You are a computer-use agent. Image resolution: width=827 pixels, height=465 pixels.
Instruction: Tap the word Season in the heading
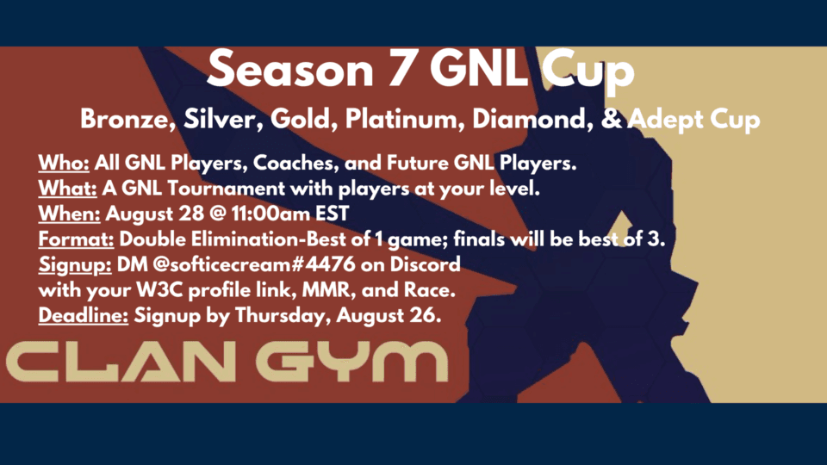pos(290,70)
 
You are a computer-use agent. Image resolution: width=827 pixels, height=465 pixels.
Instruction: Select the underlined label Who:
pos(64,163)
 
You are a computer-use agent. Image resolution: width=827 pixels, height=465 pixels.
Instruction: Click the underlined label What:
pos(67,189)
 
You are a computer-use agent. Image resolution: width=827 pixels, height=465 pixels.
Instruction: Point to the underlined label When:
pos(69,214)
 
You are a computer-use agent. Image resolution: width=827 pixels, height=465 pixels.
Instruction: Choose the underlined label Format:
pos(76,239)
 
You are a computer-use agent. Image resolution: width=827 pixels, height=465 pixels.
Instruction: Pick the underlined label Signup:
pos(75,264)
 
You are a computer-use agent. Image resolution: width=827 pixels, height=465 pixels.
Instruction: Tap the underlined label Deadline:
pos(84,315)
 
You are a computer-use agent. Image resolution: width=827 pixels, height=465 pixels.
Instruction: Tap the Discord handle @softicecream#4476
pos(253,264)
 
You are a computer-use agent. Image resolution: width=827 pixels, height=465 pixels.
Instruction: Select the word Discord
pos(425,264)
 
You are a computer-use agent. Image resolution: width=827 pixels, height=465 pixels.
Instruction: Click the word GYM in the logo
pos(351,361)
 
